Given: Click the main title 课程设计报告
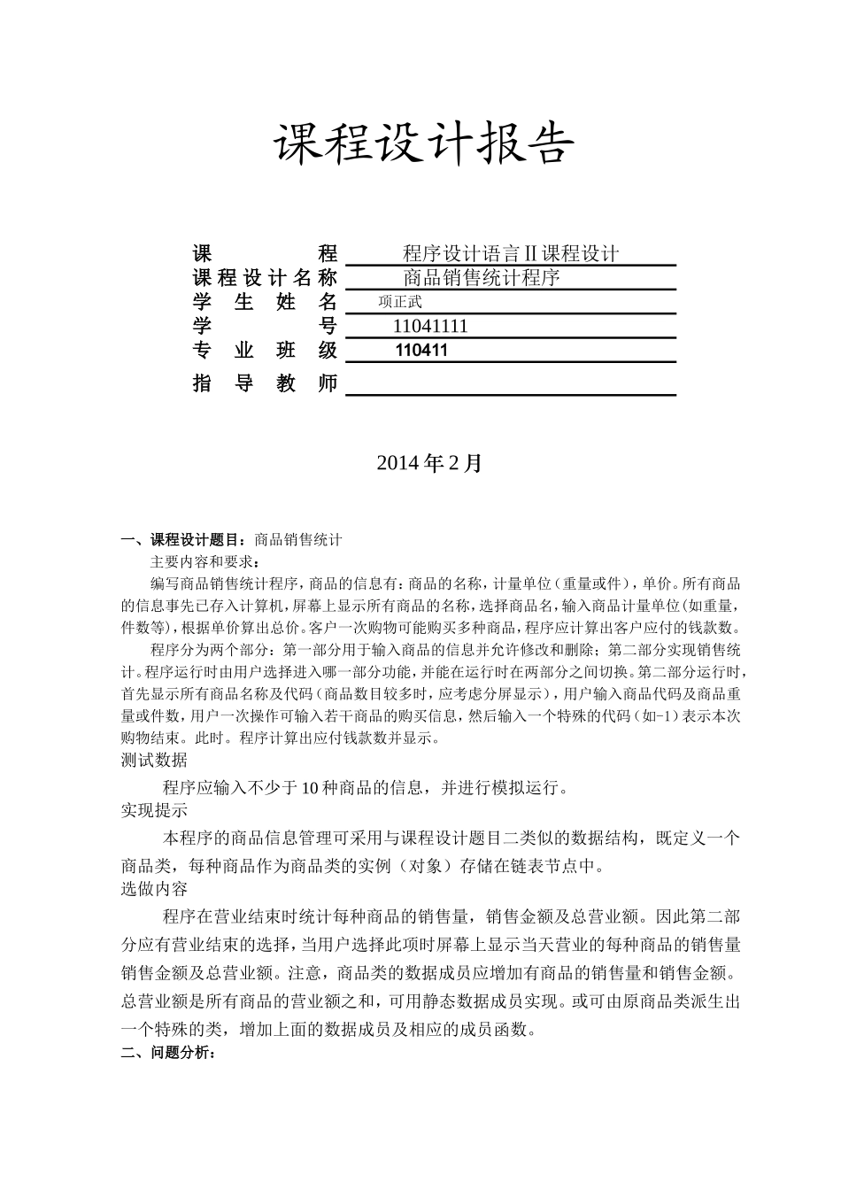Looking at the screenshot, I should coord(423,143).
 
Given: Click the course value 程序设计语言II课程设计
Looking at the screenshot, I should coord(510,254).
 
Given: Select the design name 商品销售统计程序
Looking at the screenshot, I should coord(482,278).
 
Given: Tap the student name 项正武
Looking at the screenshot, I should coord(400,302).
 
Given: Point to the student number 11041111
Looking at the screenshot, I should coord(430,326).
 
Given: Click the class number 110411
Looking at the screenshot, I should coord(421,350).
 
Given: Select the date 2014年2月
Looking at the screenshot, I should coord(429,462).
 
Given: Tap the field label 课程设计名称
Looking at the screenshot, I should coord(265,278).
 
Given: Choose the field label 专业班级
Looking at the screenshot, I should coord(265,350).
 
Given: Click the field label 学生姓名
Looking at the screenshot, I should coord(265,302).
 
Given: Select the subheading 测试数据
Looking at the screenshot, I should coord(154,760).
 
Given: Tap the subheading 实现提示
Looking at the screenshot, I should coord(154,810).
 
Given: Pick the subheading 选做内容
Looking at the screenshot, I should coord(154,888).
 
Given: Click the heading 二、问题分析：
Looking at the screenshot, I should coord(167,1053).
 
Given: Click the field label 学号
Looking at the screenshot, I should coord(265,326).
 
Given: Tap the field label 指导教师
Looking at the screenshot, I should coord(265,384).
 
